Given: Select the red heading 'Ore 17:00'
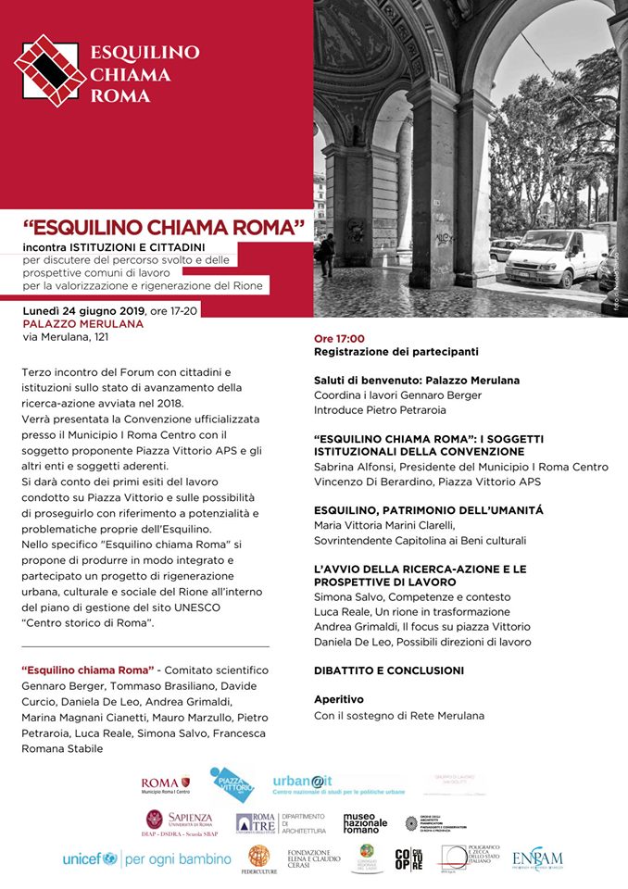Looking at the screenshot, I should pyautogui.click(x=339, y=338).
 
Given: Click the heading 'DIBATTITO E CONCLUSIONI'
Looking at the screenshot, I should pyautogui.click(x=389, y=670).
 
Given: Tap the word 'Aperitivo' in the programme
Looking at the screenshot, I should pyautogui.click(x=339, y=699).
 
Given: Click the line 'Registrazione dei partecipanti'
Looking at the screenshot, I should pyautogui.click(x=396, y=352).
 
